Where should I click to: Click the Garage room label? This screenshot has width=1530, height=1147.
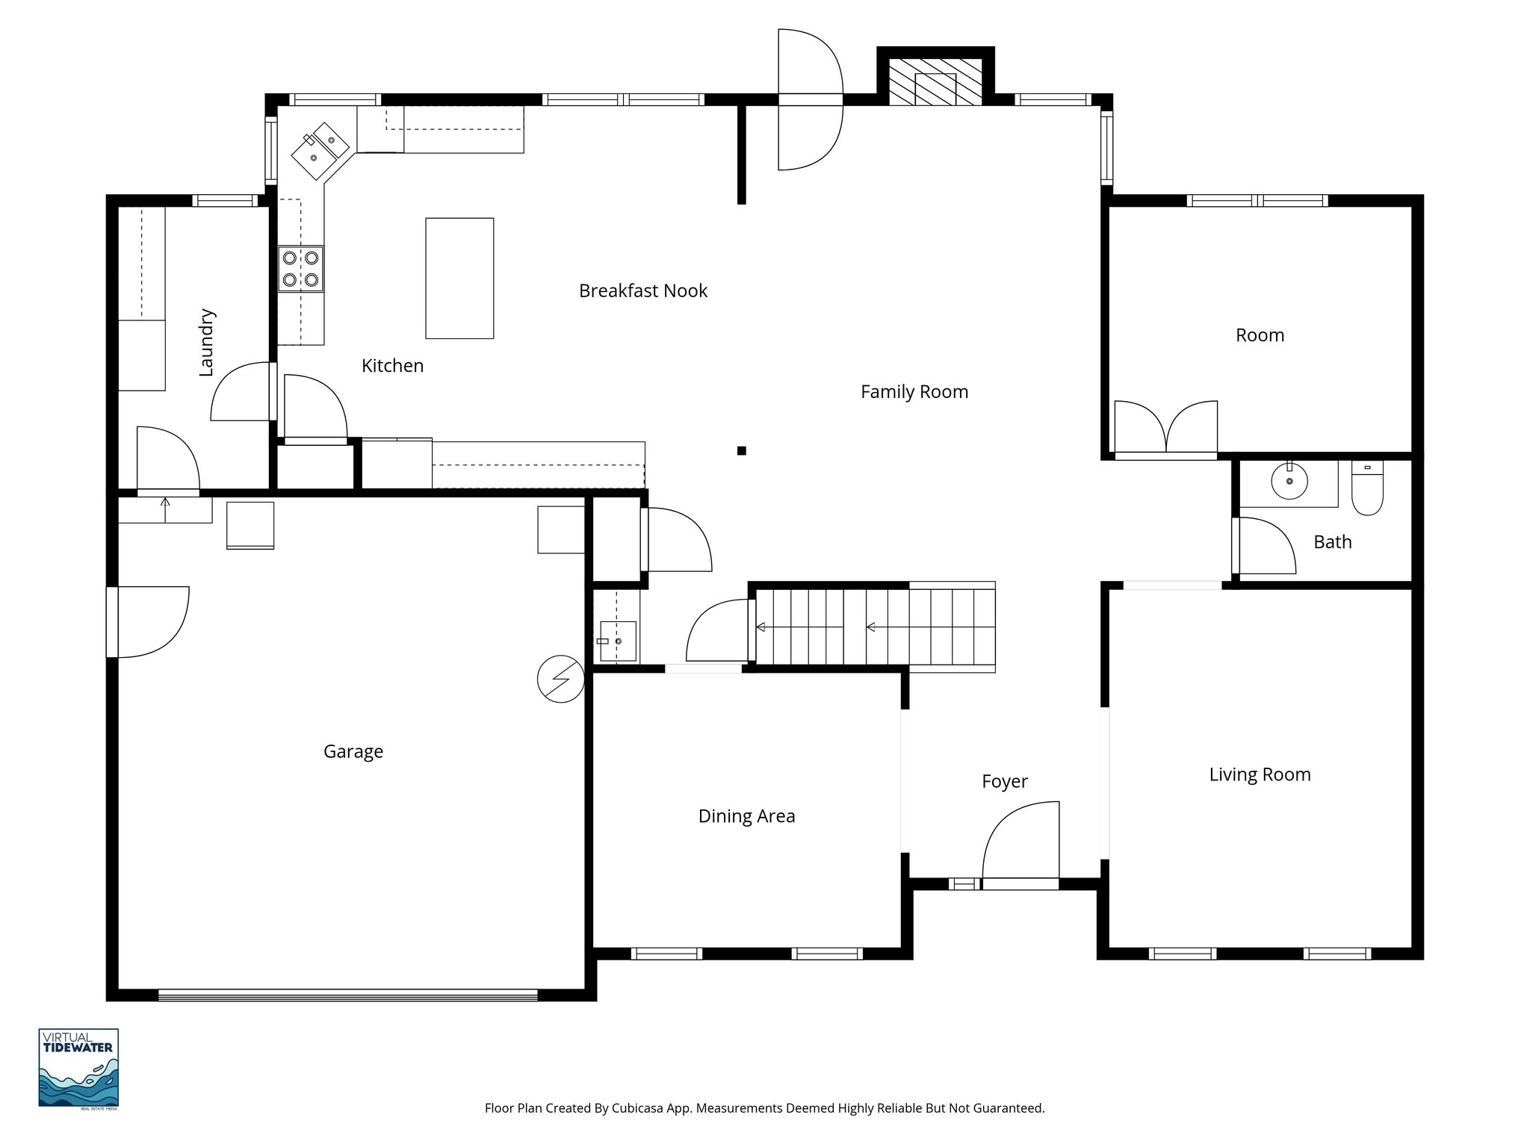[x=353, y=751]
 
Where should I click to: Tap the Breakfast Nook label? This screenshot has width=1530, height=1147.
[x=642, y=290]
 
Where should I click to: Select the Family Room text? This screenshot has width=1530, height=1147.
[x=914, y=391]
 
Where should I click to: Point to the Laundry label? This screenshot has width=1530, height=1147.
[x=206, y=342]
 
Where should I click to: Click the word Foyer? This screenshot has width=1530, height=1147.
[x=1004, y=781]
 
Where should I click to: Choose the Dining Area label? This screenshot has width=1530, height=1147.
[x=746, y=816]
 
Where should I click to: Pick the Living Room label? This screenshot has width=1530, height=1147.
[x=1260, y=774]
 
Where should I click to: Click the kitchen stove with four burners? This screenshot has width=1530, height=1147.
[x=301, y=269]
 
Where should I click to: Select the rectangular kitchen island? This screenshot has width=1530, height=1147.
[x=459, y=278]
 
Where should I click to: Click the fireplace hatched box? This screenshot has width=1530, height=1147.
[x=935, y=81]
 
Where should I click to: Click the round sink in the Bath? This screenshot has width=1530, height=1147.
[x=1289, y=480]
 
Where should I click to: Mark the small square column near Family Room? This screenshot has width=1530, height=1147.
[x=741, y=450]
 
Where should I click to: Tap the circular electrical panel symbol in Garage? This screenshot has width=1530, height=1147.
[x=560, y=679]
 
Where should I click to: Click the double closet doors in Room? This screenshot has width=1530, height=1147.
[x=1165, y=429]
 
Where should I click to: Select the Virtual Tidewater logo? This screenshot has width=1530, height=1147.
[x=78, y=1069]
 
